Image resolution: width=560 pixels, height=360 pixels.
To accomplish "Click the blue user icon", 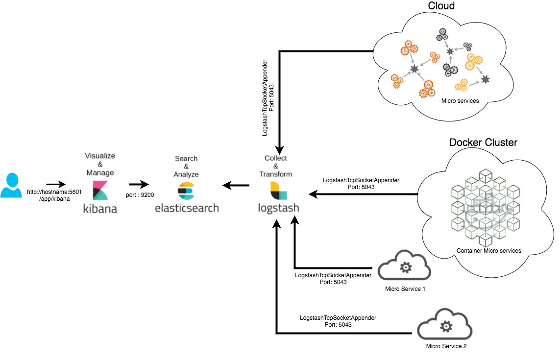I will coord(11,185).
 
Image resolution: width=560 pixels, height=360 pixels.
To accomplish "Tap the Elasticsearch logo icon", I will coord(186,191).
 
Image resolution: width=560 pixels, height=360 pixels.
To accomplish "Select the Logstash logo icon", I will coord(278,191).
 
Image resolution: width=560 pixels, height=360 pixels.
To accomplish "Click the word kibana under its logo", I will coord(100,209).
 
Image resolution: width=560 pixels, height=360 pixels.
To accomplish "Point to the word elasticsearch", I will coord(187,208).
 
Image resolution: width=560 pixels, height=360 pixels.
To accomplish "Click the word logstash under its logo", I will coord(278,208).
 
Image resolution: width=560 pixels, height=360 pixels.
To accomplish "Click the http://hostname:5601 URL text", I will coord(54,192).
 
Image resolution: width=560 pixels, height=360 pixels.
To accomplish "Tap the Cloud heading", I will coord(441,6).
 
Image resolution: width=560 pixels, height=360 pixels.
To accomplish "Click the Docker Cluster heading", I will coord(483,143).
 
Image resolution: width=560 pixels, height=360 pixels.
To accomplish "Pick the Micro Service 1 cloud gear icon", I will coord(405,267).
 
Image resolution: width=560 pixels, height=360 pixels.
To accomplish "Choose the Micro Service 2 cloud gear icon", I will coord(445,325).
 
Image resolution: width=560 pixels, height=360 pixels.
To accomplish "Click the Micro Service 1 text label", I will coord(405,288).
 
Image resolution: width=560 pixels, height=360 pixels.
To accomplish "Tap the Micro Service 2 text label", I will coord(446,346).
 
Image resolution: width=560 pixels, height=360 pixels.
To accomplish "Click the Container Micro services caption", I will coord(488,251).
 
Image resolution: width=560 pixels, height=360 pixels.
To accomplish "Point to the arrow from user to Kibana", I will coord(56,185).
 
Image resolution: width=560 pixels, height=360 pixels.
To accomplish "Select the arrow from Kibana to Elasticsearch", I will coord(139,185).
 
